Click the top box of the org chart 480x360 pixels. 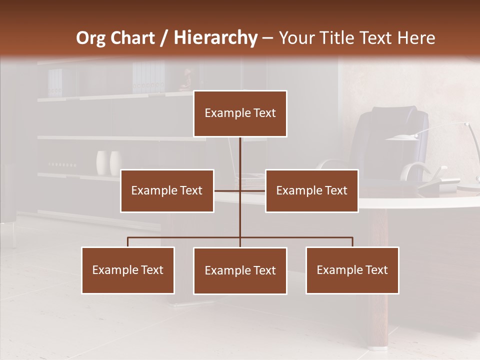point(240,113)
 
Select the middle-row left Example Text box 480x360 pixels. point(167,190)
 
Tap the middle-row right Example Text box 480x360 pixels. point(311,190)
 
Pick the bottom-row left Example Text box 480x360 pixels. point(128,270)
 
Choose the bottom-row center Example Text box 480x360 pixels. point(240,270)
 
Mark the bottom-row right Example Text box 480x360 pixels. point(352,270)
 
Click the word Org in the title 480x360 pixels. point(90,37)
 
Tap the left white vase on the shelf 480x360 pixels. point(103,162)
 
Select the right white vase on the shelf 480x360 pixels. point(116,162)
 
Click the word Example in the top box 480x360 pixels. point(223,113)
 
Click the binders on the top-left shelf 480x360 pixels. point(55,82)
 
